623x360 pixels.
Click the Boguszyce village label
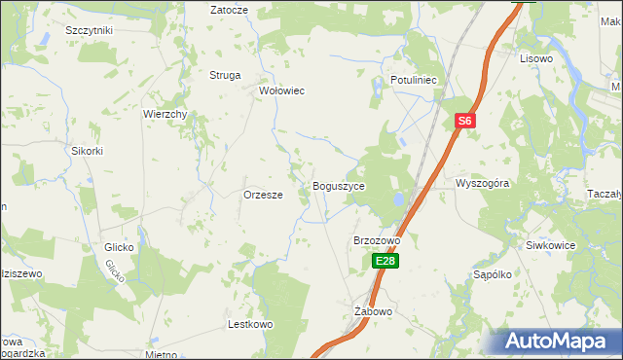pyautogui.click(x=338, y=186)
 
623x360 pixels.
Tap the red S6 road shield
pyautogui.click(x=465, y=121)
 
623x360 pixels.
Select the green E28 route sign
pyautogui.click(x=385, y=261)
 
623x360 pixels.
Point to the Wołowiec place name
pyautogui.click(x=281, y=90)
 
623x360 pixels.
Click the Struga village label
pyautogui.click(x=225, y=75)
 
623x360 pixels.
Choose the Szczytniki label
pyautogui.click(x=90, y=30)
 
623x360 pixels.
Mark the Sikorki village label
pyautogui.click(x=87, y=151)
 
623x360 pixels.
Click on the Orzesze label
pyautogui.click(x=263, y=195)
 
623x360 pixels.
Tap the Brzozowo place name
pyautogui.click(x=377, y=240)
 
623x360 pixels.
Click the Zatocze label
pyautogui.click(x=230, y=9)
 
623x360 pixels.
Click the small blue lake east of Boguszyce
pyautogui.click(x=396, y=199)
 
